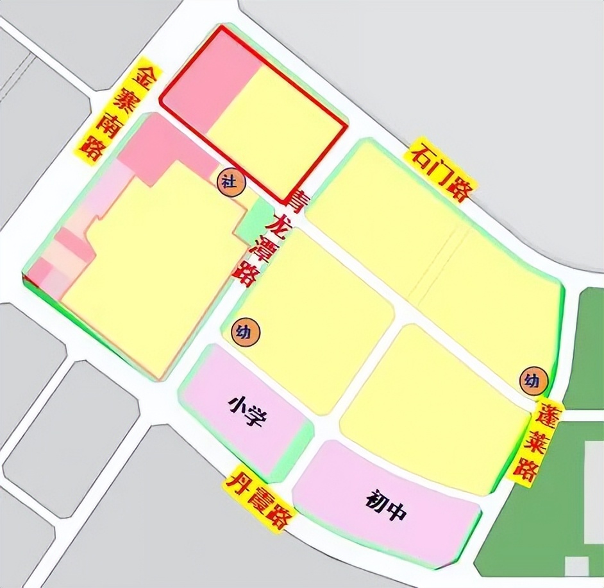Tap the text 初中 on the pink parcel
pos(387,504)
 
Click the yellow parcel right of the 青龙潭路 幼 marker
pos(314,321)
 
